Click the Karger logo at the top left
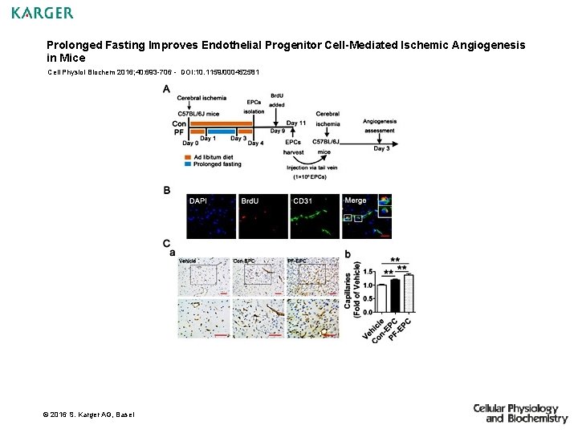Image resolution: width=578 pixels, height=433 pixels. click(43, 13)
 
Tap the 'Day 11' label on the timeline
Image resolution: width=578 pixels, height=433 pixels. click(295, 123)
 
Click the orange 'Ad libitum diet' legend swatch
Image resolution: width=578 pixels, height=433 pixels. click(187, 157)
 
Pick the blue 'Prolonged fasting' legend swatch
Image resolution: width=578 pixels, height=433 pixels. click(187, 164)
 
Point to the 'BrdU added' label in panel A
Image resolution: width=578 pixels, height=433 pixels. click(276, 99)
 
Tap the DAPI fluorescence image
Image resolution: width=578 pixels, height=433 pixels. click(211, 216)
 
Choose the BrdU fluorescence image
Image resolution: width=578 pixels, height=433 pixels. click(263, 216)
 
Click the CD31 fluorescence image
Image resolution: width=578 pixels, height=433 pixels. click(314, 216)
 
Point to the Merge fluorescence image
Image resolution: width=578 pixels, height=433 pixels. click(366, 216)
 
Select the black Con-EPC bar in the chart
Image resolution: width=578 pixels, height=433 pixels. click(394, 295)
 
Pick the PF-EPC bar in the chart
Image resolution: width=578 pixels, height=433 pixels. click(407, 293)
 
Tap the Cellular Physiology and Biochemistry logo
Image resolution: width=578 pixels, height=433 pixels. click(519, 414)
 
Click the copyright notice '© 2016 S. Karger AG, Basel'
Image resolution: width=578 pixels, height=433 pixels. click(89, 414)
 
